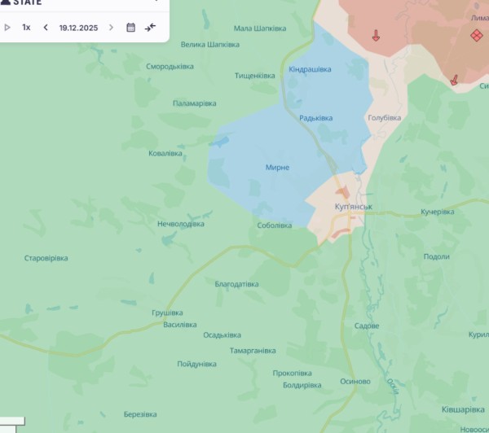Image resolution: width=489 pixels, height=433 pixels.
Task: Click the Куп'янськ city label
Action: (x=353, y=207)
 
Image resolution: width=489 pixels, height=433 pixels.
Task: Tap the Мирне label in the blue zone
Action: (x=277, y=168)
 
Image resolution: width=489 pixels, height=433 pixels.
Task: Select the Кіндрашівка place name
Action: (x=310, y=70)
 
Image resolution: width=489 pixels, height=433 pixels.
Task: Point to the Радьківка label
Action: (x=315, y=118)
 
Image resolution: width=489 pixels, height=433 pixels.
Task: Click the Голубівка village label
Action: (x=384, y=118)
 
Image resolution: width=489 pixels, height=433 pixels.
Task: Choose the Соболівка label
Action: (x=274, y=225)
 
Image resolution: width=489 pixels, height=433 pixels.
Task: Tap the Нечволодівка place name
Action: (x=180, y=224)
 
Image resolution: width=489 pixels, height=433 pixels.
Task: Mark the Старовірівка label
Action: (x=46, y=258)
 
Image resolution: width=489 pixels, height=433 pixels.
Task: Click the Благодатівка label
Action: (x=236, y=284)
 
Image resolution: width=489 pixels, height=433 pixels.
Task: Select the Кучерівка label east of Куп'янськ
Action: (x=437, y=212)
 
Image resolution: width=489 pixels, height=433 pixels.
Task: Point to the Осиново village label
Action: (x=355, y=381)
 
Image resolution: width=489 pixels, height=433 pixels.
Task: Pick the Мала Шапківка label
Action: (x=259, y=28)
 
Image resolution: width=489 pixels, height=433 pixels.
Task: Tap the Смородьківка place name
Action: (x=170, y=67)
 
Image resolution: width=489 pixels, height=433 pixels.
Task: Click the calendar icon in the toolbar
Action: (x=130, y=28)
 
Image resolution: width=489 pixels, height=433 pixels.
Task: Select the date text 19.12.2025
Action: (x=78, y=28)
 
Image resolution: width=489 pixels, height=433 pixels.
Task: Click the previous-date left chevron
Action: (x=46, y=28)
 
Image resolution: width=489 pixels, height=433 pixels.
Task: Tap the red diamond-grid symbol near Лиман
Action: (x=475, y=35)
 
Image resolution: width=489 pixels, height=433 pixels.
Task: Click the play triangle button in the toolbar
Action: (x=7, y=28)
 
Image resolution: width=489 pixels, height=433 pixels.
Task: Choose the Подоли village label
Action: (x=436, y=256)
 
